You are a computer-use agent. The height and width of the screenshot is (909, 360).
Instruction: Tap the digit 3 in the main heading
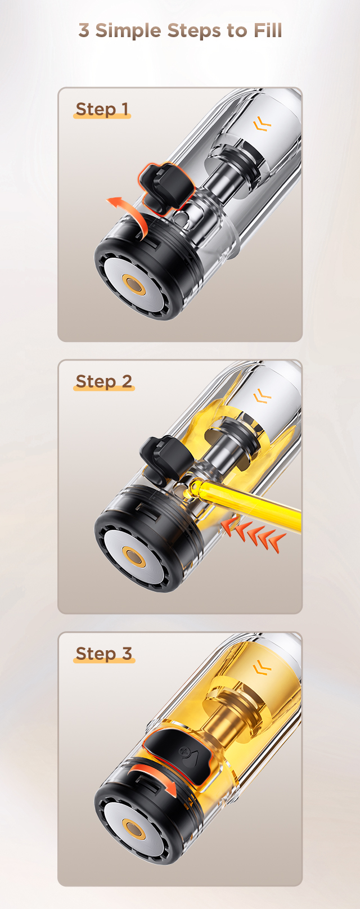(84, 31)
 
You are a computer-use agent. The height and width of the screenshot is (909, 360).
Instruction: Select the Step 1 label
(102, 109)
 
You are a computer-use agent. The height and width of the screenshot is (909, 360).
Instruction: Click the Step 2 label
(104, 381)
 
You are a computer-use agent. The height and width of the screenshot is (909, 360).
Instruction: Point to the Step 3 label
(104, 654)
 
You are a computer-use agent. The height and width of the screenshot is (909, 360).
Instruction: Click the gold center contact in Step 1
(134, 286)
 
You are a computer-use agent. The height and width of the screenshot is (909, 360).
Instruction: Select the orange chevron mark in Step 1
(262, 123)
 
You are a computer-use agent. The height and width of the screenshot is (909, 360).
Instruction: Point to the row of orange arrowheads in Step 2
(253, 534)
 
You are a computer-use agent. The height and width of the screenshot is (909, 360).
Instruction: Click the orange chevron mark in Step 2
(262, 395)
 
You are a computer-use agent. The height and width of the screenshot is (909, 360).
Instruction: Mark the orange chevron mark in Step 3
(262, 668)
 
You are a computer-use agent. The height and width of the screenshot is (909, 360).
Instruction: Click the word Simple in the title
(128, 31)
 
